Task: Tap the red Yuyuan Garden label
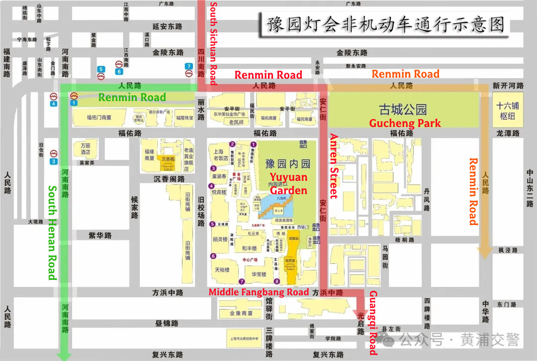pos(288,184)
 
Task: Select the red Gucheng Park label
pos(405,123)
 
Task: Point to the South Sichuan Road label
pos(213,43)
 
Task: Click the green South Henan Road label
pos(52,233)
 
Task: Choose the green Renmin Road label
pos(132,97)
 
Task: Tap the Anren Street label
pos(334,166)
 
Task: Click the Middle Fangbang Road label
pos(259,292)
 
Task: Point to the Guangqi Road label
pos(373,323)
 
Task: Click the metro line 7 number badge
pos(188,66)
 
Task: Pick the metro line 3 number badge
pos(53,161)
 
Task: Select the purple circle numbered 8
pos(276,281)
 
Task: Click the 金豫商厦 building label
pos(241,313)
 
